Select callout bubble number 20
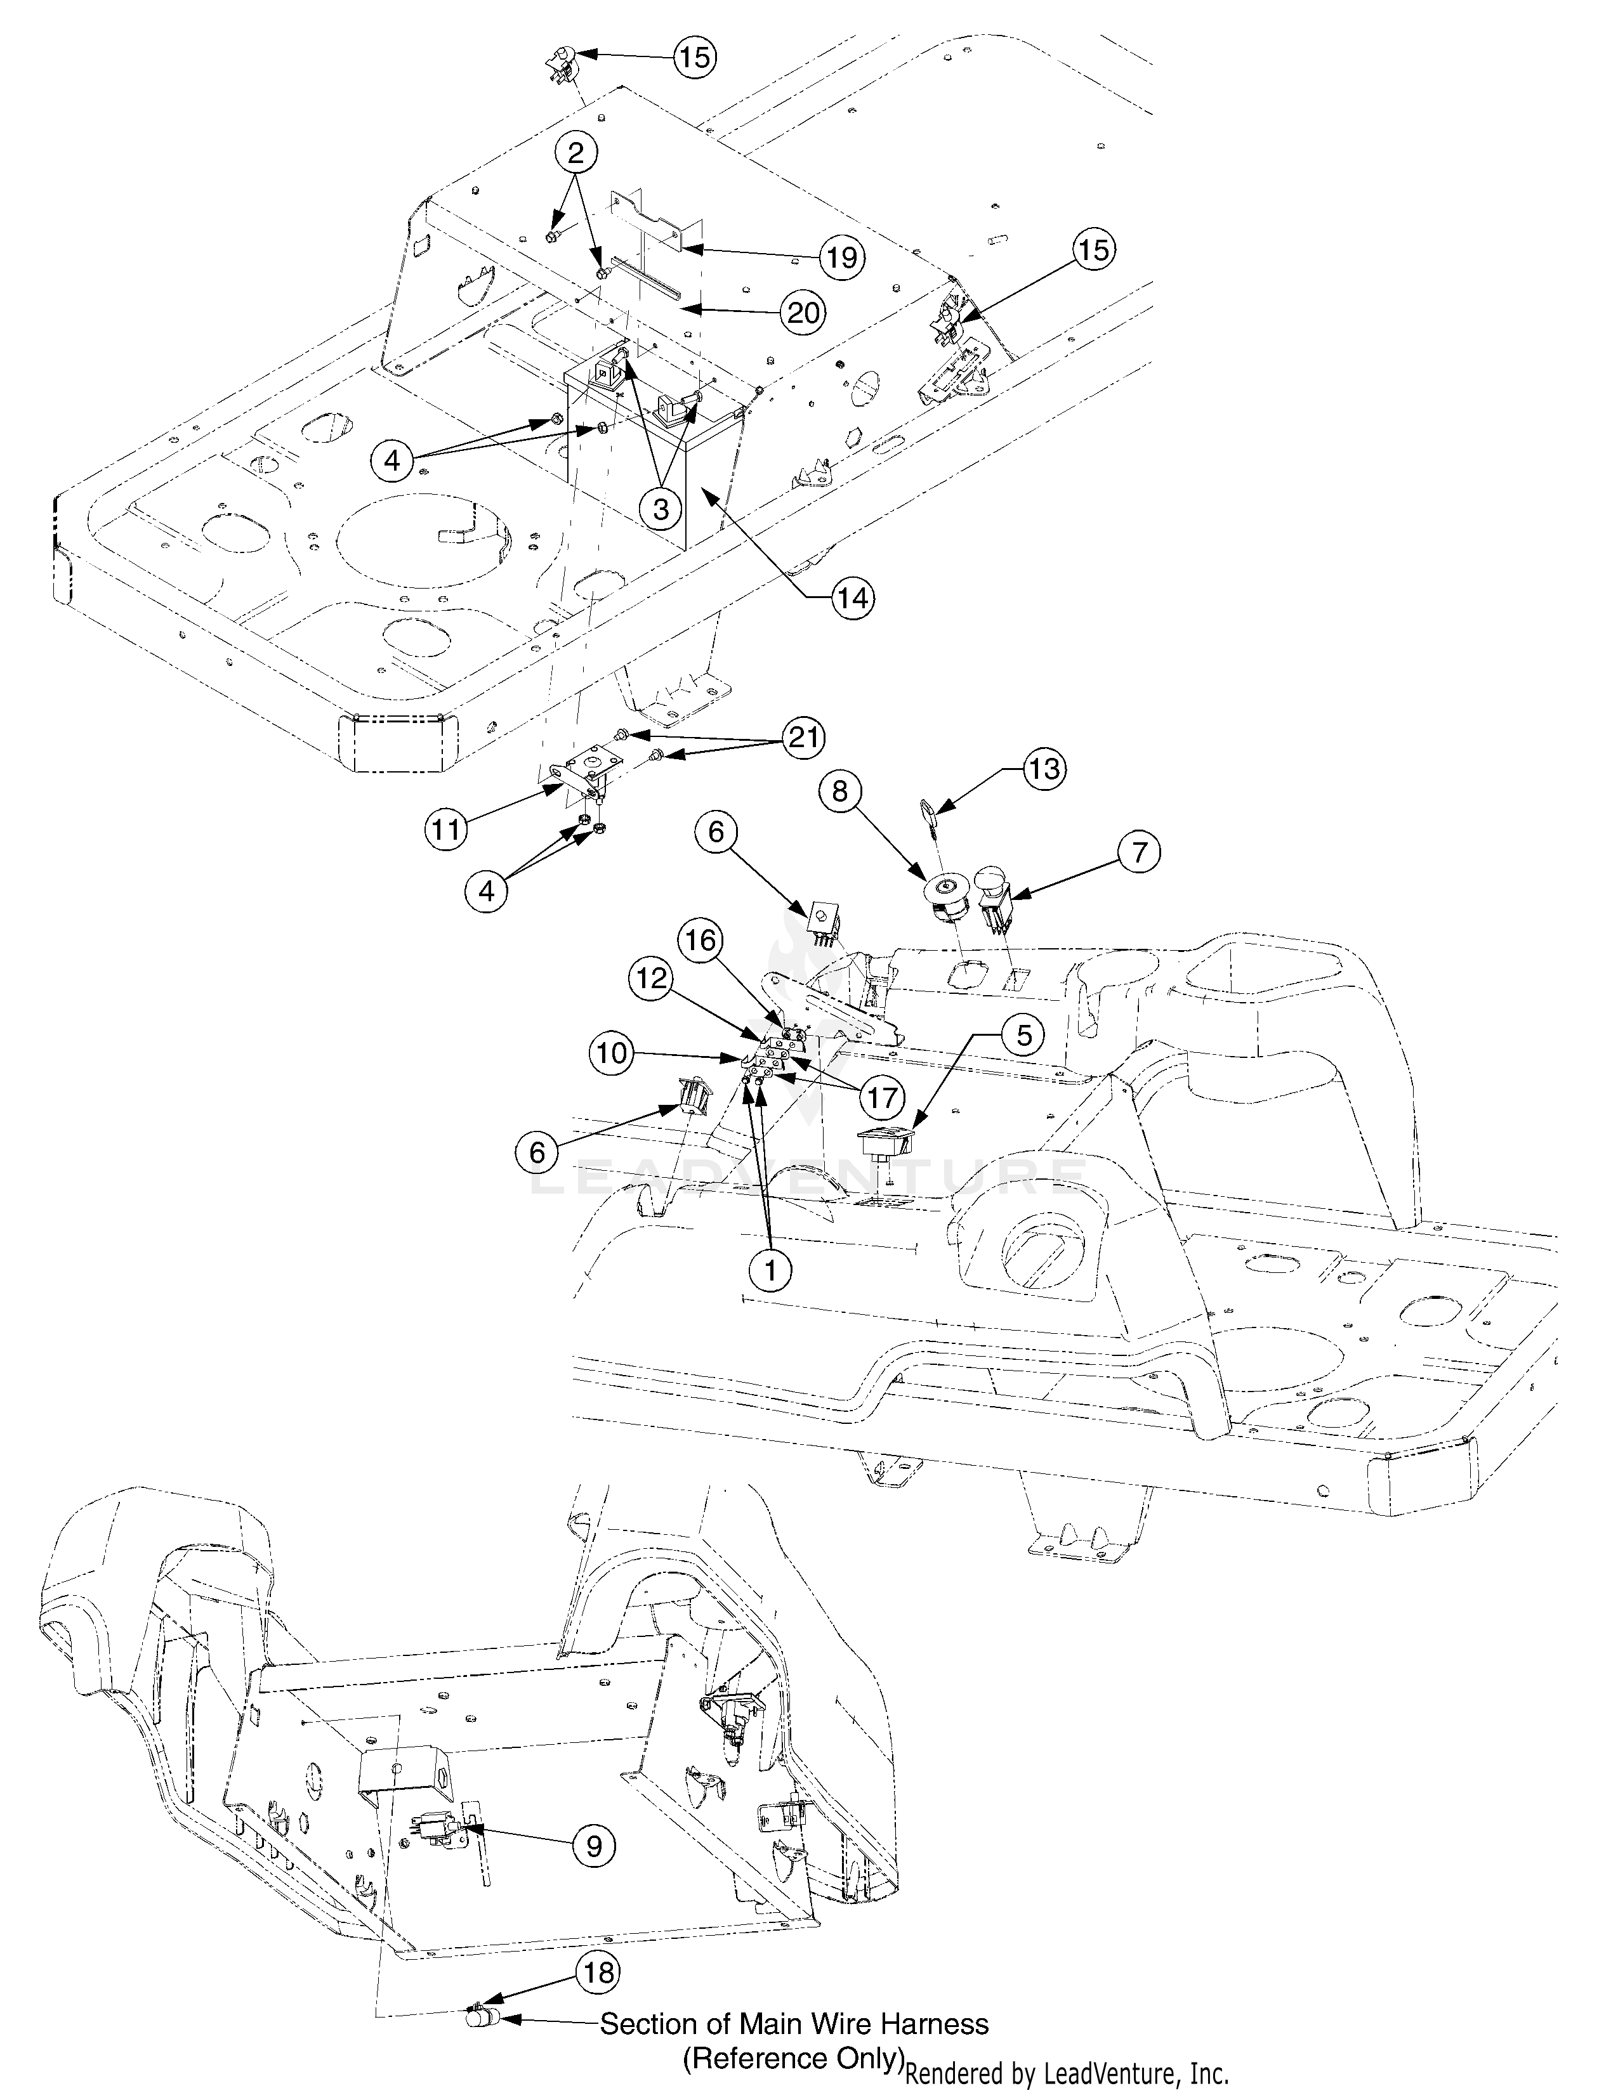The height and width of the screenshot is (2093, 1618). coord(801,313)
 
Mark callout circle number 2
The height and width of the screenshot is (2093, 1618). coord(575,152)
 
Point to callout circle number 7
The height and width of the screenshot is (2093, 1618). coord(1138,852)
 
